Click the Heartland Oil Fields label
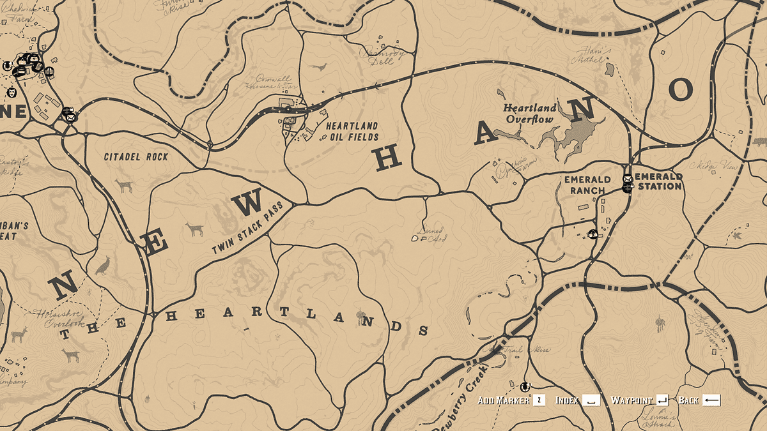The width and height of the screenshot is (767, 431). point(352,132)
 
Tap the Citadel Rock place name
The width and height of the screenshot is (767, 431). point(136,156)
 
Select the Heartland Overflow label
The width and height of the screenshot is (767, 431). point(529,114)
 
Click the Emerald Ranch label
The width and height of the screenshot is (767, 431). point(584,185)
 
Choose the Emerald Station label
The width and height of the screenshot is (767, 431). point(658,181)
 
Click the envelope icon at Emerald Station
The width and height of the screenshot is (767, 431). point(628,178)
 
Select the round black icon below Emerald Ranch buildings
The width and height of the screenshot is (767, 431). point(593,234)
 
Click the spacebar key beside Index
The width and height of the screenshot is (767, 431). point(591,400)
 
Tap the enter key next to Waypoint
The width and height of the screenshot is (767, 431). point(662,400)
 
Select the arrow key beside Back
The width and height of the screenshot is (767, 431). point(711,400)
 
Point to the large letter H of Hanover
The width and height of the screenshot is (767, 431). point(388,158)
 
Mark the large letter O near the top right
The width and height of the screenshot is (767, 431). point(681,91)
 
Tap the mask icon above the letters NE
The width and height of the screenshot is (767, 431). point(12,93)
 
